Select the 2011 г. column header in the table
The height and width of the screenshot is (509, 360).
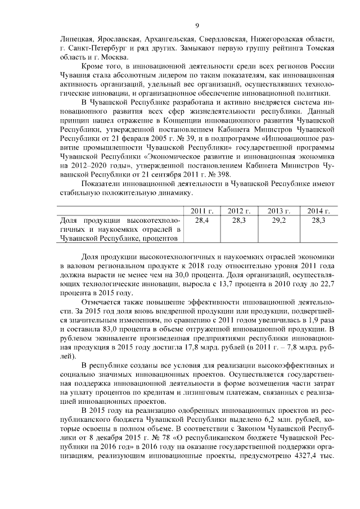point(201,211)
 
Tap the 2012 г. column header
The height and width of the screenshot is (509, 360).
point(239,211)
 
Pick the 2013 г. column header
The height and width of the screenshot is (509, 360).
point(278,211)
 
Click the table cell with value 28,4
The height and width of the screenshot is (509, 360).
point(201,221)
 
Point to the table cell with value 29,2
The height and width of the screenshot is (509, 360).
point(278,221)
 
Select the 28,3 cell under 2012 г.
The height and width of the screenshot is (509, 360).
point(239,221)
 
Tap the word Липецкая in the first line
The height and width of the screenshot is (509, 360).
point(76,39)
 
